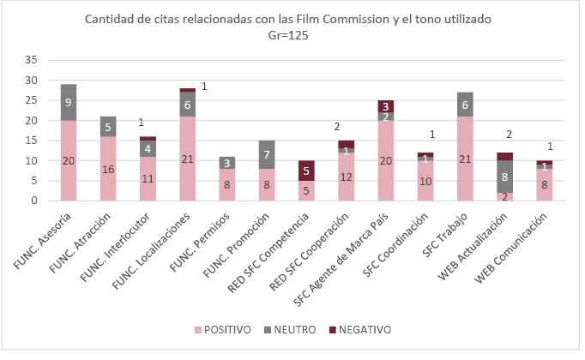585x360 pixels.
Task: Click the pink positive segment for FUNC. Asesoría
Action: tap(69, 160)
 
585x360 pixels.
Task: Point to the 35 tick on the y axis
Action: tap(32, 60)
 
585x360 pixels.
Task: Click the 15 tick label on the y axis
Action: tap(32, 141)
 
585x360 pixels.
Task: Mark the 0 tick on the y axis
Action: tap(35, 201)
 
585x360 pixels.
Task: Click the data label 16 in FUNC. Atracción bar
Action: tap(107, 169)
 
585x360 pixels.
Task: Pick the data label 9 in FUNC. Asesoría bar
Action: tap(69, 102)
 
